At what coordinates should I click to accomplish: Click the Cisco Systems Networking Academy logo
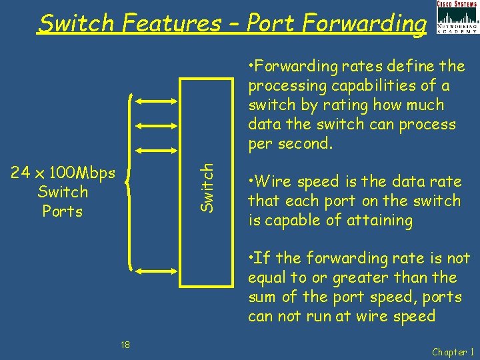(457, 18)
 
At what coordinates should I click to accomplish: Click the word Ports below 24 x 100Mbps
(63, 211)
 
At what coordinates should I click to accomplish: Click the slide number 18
(125, 344)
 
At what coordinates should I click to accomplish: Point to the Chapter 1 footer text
(453, 351)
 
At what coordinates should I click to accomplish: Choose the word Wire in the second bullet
(269, 181)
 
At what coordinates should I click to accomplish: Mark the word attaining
(381, 220)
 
